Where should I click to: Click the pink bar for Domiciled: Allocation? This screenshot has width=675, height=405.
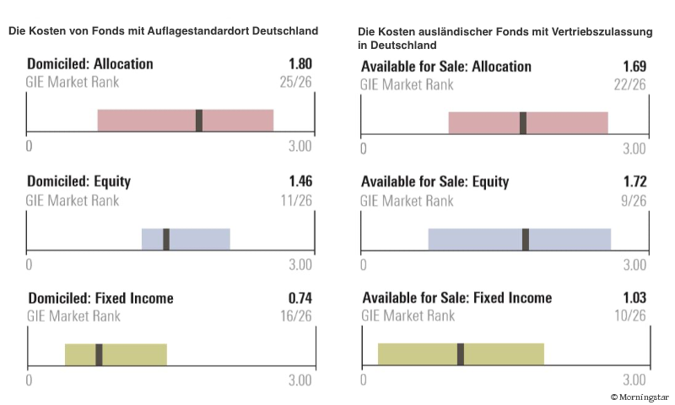[x=143, y=121]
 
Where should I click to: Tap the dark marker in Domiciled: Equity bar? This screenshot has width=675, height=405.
[x=166, y=239]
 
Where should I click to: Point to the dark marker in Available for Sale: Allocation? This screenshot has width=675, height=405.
[x=523, y=123]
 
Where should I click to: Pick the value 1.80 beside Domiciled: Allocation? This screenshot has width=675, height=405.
[x=300, y=64]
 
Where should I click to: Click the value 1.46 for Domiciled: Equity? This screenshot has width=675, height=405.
[x=300, y=181]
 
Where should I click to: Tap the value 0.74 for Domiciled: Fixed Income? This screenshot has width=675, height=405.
[x=300, y=298]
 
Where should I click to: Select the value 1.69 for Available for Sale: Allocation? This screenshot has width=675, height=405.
[x=634, y=67]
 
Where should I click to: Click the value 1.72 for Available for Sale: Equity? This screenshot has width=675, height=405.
[x=634, y=181]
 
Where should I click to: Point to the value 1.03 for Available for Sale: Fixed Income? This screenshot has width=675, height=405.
[x=634, y=298]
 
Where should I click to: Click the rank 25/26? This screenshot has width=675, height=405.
[x=295, y=83]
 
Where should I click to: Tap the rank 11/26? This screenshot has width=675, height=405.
[x=295, y=201]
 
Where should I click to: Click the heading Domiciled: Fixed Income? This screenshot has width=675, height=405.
[x=100, y=298]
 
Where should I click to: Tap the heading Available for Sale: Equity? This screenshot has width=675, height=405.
[x=435, y=181]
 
